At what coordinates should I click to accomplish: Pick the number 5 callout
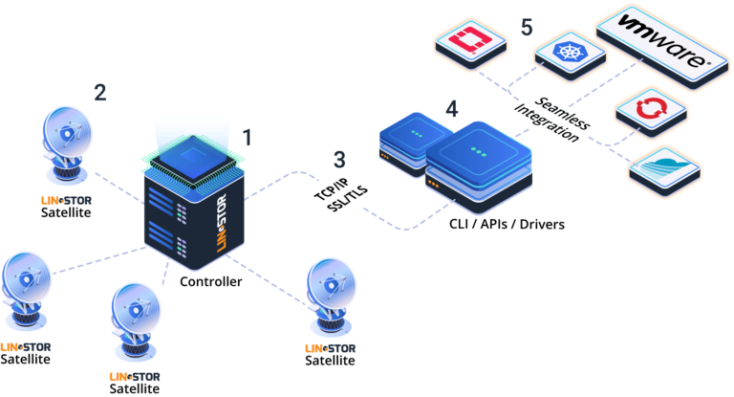click(527, 25)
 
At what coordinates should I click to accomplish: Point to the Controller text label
click(210, 281)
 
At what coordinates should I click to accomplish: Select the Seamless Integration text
click(559, 120)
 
